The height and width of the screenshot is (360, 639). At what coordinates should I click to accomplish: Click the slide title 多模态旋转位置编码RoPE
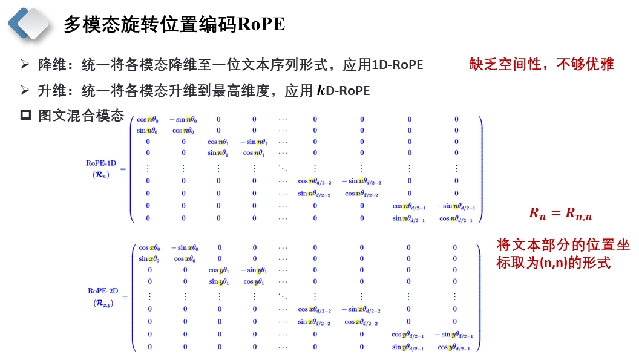click(x=174, y=24)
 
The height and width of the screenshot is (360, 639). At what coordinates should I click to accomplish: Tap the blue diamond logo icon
click(x=28, y=24)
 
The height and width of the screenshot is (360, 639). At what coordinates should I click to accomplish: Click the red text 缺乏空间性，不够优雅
click(x=542, y=64)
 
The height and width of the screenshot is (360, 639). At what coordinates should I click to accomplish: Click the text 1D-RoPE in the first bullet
click(x=398, y=65)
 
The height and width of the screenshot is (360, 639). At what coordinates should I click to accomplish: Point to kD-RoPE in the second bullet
click(x=343, y=91)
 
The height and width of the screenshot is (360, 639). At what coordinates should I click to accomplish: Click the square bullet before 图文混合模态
click(x=25, y=115)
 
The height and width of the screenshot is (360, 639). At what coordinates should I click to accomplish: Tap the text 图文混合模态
click(x=81, y=115)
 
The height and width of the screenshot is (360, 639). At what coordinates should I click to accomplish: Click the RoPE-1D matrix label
click(x=100, y=169)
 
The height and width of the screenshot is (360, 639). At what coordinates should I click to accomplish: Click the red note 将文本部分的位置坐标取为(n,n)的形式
click(x=563, y=254)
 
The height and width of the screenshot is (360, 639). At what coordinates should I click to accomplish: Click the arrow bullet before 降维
click(x=25, y=65)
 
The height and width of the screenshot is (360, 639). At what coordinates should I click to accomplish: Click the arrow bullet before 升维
click(x=25, y=91)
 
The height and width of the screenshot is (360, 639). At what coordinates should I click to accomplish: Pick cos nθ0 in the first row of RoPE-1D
click(x=148, y=120)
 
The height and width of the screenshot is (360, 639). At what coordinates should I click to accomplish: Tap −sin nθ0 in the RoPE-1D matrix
click(x=183, y=120)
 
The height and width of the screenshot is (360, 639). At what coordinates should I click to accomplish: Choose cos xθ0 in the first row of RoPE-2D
click(x=149, y=247)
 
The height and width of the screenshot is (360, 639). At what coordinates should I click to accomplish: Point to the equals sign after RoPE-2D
click(x=125, y=297)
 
